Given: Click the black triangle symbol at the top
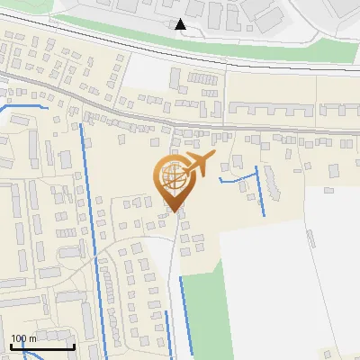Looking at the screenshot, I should point(181,24).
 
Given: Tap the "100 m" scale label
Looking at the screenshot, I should point(22,338).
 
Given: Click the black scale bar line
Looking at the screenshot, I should point(41,346).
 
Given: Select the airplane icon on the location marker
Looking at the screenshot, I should point(199,165).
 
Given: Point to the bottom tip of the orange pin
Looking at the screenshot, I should point(175,211).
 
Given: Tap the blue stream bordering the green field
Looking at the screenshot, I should point(185,315).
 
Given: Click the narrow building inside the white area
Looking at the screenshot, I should point(310,238).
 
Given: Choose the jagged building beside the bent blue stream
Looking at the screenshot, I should point(271,184).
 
